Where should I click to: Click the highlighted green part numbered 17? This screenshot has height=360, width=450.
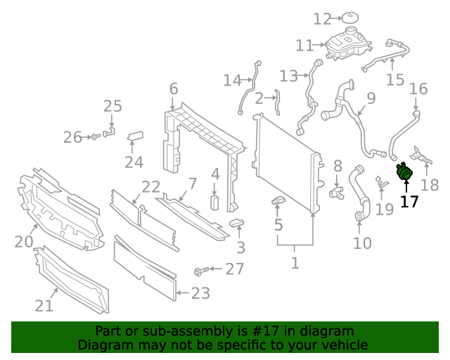point(406,172)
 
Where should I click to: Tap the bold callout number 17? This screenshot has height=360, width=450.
point(409,202)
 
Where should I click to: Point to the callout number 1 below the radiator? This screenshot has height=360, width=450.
point(295,264)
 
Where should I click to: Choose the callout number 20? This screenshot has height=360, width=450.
point(24,242)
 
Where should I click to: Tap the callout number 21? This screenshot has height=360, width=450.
point(44,305)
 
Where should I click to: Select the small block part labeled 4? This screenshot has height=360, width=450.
point(215,203)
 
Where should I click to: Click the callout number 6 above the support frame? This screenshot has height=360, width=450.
point(174,89)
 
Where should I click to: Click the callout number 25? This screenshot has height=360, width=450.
point(113,106)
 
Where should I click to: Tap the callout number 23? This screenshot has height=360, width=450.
point(200,293)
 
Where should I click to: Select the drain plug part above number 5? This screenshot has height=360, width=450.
point(279,203)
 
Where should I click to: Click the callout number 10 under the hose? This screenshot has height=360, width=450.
point(362,243)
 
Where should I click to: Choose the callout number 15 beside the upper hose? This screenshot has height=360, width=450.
point(395,79)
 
